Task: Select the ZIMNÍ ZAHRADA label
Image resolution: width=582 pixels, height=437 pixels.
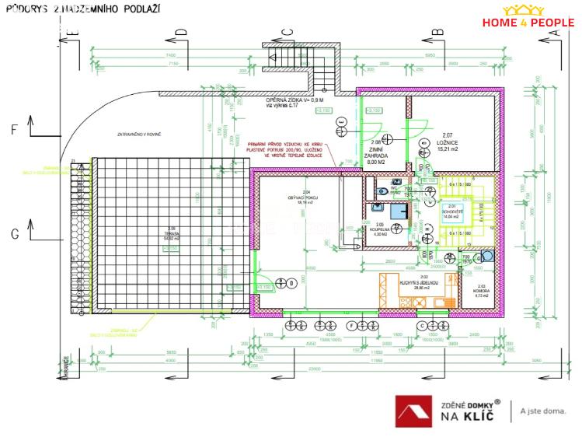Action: point(376,152)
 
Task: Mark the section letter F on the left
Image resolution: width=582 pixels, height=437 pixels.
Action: point(13,130)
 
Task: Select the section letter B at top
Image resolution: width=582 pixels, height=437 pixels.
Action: point(437,31)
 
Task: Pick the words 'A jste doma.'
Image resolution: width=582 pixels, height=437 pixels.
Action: point(543,411)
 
